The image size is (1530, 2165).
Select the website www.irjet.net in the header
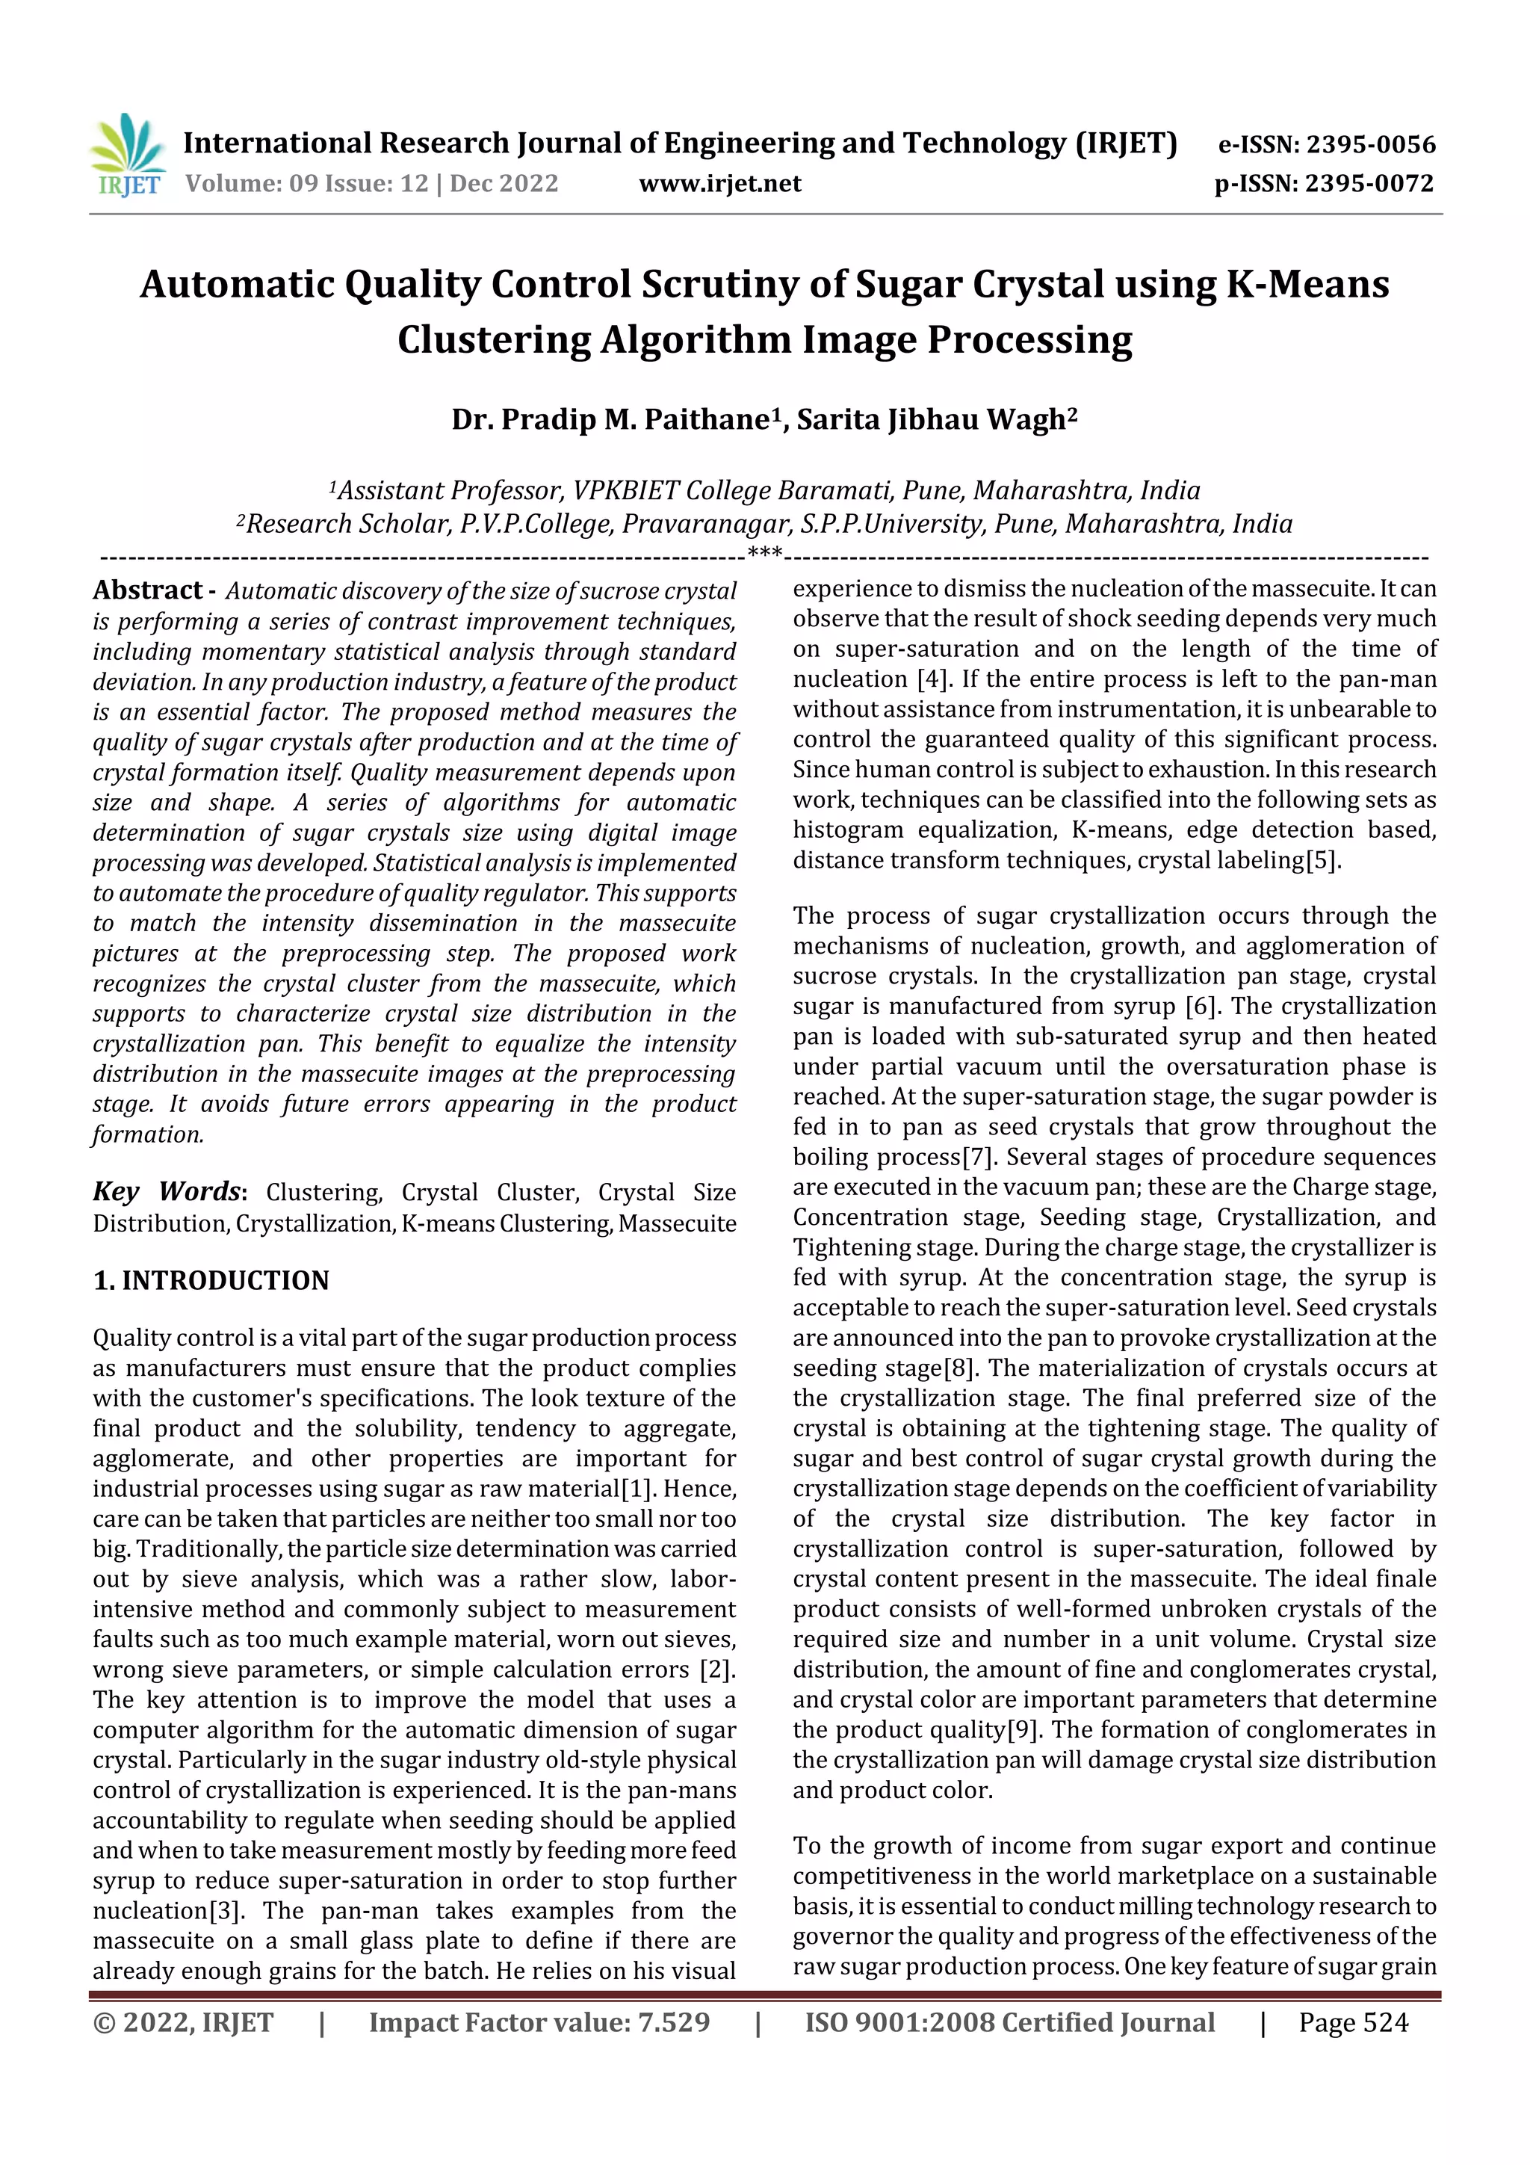click(x=719, y=183)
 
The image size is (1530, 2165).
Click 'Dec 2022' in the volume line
click(x=504, y=183)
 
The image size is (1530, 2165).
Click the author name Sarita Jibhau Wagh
click(x=936, y=419)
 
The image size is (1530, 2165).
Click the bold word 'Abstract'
click(x=148, y=590)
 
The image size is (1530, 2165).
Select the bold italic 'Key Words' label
click(x=167, y=1191)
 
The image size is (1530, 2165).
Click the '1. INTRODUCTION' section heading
click(x=211, y=1280)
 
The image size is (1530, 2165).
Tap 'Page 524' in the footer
click(x=1353, y=2022)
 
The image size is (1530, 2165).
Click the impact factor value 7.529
click(x=673, y=2022)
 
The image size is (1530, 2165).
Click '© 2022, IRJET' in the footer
click(x=183, y=2022)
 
